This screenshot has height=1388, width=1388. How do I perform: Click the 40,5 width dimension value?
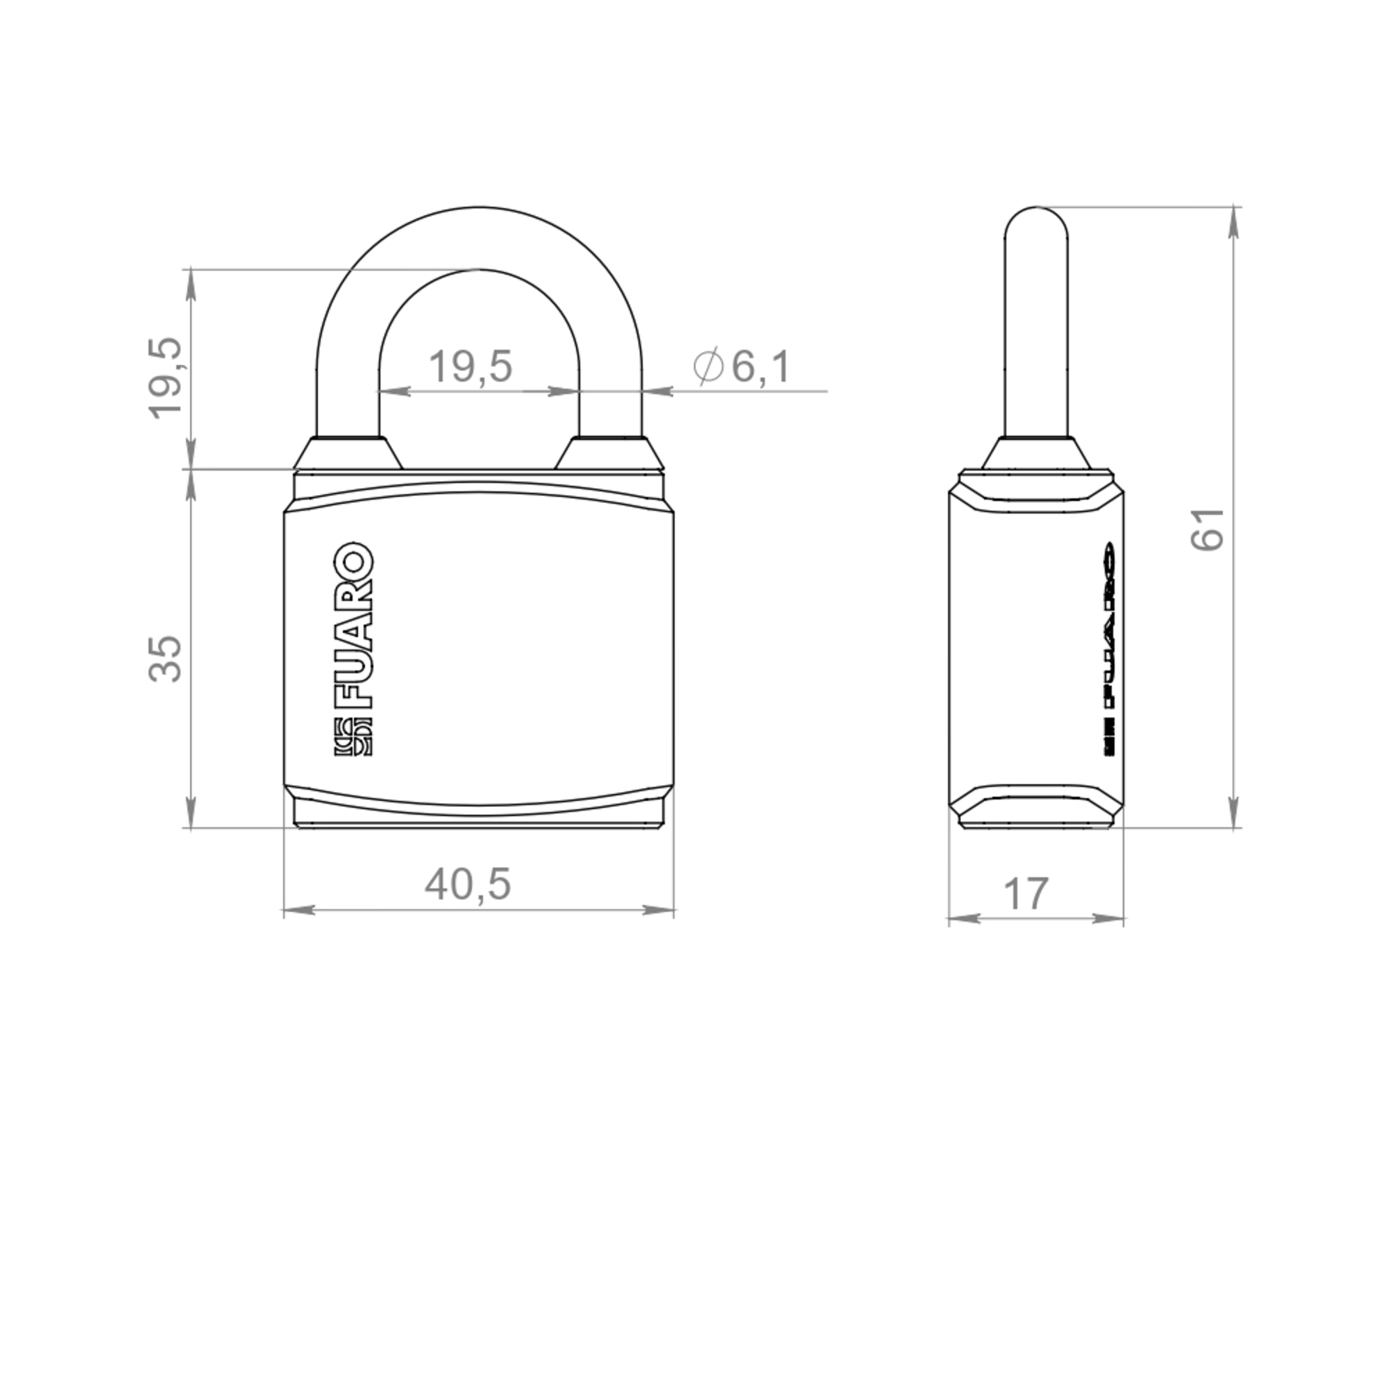(468, 884)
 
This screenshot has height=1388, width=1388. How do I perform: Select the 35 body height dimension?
(164, 658)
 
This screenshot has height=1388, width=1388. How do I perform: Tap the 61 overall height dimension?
(1208, 530)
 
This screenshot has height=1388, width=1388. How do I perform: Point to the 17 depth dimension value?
(1026, 895)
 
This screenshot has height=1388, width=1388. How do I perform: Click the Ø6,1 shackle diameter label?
(742, 366)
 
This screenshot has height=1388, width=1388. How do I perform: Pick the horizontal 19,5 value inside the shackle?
(471, 366)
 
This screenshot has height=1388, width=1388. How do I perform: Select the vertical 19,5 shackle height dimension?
(164, 379)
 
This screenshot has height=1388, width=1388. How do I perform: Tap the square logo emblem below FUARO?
(353, 737)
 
